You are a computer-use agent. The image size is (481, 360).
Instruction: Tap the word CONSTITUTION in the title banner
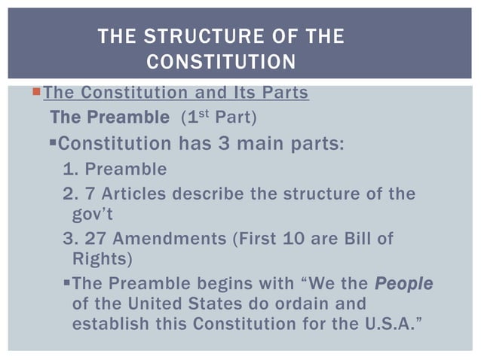(x=220, y=62)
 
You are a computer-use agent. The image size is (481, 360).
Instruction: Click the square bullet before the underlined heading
(x=37, y=93)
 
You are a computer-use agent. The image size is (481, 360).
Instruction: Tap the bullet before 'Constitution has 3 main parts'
(x=52, y=142)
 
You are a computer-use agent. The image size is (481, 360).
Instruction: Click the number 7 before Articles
(x=97, y=194)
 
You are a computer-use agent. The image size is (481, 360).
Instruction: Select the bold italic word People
(x=404, y=285)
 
